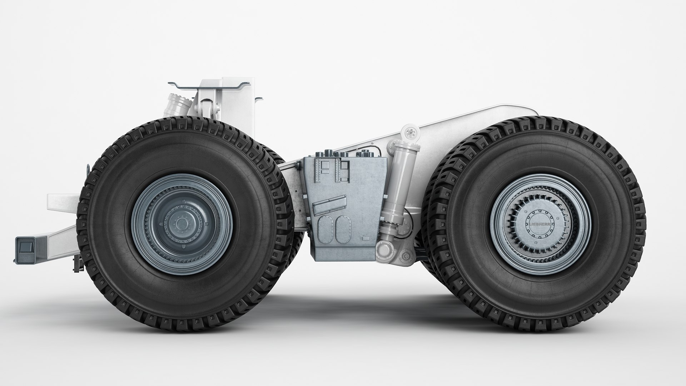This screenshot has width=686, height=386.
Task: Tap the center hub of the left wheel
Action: point(183,224)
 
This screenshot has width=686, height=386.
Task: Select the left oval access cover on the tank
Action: point(324,230)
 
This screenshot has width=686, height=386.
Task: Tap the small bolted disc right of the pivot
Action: point(405,255)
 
